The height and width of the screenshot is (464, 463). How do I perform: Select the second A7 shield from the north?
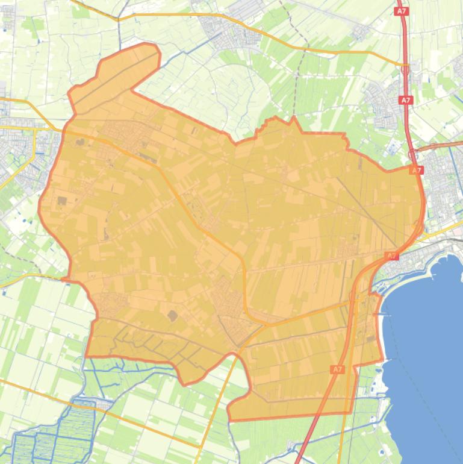click(x=406, y=100)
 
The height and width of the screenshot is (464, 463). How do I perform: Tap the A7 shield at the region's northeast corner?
click(x=417, y=171)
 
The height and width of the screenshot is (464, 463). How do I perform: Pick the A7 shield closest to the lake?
click(x=392, y=256)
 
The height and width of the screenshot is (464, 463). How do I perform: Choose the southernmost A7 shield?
click(x=337, y=369)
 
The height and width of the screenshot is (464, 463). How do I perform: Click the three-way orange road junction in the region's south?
click(x=265, y=324)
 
